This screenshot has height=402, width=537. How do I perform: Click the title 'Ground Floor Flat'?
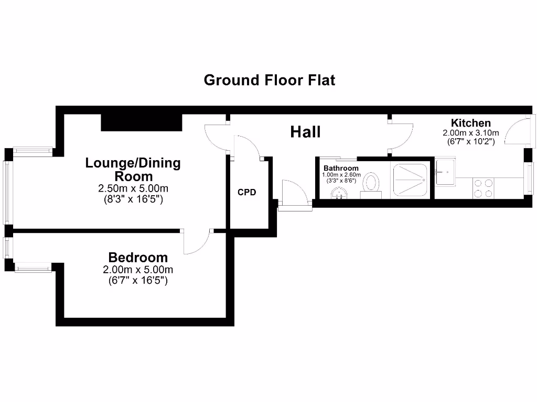(269, 80)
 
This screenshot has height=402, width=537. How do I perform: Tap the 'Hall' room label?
(305, 132)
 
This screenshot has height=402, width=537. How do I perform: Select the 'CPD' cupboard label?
(247, 192)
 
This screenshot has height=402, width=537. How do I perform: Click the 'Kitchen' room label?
(471, 123)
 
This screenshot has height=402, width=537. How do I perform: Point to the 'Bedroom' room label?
(138, 258)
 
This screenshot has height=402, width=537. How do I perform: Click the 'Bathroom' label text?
(341, 168)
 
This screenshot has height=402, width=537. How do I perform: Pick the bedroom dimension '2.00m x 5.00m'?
(138, 270)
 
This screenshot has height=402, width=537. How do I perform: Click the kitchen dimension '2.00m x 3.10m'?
(471, 132)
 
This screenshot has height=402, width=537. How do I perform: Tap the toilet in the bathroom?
(372, 184)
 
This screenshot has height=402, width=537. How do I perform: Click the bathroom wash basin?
(339, 194)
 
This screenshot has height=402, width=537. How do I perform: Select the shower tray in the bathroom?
(410, 178)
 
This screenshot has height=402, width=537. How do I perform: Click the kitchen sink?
(445, 172)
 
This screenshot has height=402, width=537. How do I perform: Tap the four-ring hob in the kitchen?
(483, 188)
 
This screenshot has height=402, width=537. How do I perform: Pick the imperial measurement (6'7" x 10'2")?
(471, 141)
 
